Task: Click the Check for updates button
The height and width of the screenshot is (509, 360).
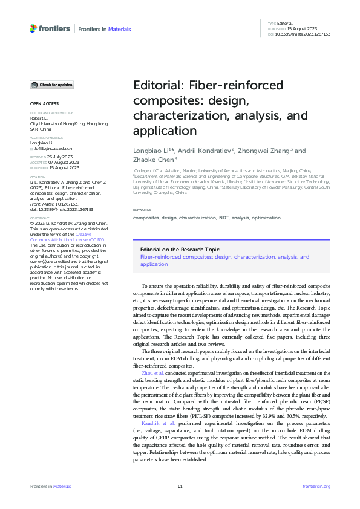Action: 52,85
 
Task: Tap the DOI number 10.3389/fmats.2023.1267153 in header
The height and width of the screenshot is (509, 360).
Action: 307,34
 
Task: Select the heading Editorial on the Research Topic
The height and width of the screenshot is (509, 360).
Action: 180,249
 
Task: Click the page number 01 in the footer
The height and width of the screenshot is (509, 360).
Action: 180,486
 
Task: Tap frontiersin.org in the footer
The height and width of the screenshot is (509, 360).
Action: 316,486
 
